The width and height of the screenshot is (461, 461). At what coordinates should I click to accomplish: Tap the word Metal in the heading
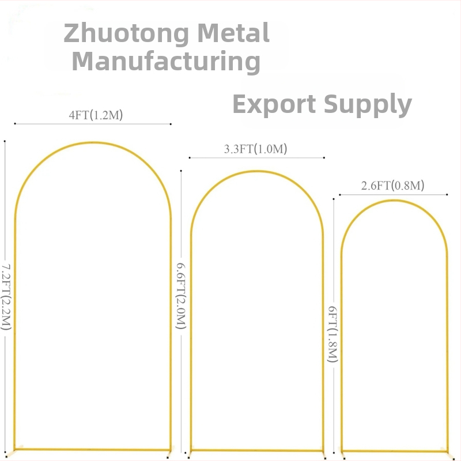pyautogui.click(x=234, y=33)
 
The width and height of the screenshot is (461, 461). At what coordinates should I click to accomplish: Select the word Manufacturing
pyautogui.click(x=166, y=61)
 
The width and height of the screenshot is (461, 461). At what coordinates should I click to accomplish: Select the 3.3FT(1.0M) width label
pyautogui.click(x=255, y=149)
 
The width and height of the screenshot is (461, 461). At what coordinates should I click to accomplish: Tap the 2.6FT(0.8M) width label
pyautogui.click(x=392, y=186)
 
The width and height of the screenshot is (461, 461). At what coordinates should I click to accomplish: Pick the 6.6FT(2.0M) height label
pyautogui.click(x=181, y=293)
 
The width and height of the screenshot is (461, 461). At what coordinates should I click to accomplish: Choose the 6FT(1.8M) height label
pyautogui.click(x=332, y=334)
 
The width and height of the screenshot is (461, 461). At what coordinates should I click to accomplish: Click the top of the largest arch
pyautogui.click(x=93, y=143)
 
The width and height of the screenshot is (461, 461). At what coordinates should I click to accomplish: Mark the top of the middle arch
pyautogui.click(x=257, y=172)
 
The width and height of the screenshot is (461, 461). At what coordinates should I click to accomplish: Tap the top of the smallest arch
pyautogui.click(x=394, y=201)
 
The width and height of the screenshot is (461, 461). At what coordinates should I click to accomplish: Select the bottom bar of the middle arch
pyautogui.click(x=257, y=450)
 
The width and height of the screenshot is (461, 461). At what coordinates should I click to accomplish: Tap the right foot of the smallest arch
pyautogui.click(x=447, y=454)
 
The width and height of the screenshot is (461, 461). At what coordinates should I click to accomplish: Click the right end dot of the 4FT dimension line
pyautogui.click(x=171, y=123)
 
